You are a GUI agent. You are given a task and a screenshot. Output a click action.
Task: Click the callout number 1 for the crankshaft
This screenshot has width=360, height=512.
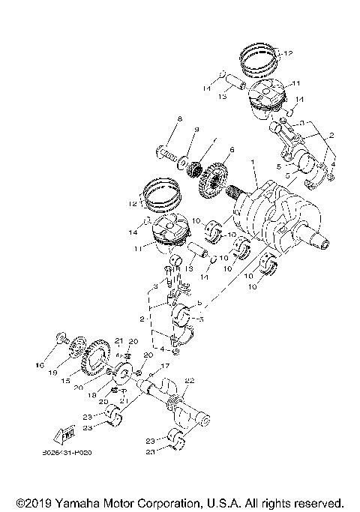253,161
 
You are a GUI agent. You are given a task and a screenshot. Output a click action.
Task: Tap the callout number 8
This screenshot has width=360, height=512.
179,120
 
